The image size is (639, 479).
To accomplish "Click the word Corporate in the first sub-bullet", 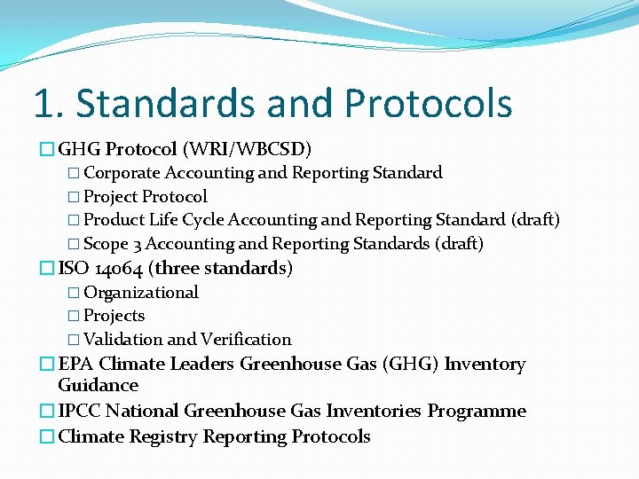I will (122, 173).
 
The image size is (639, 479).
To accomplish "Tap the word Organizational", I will (140, 292).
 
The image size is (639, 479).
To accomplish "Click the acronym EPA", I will (76, 365).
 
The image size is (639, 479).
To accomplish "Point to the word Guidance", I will (98, 386).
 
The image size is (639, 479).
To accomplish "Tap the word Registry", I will (164, 437).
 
